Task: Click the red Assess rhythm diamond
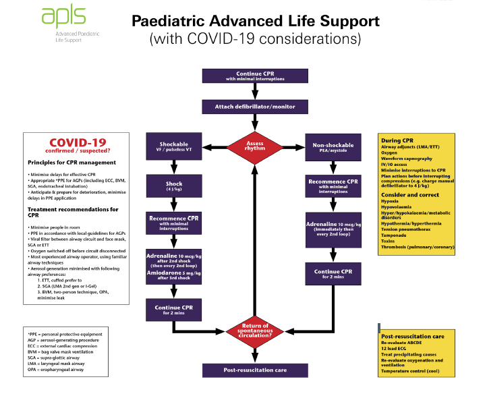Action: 254,146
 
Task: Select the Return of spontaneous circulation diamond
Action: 254,331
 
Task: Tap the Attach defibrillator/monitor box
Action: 254,107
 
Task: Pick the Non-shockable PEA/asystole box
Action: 331,147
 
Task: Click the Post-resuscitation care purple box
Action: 254,370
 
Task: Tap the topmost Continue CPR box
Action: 254,76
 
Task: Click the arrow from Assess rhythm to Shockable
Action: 211,147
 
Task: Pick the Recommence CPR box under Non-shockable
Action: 331,186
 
